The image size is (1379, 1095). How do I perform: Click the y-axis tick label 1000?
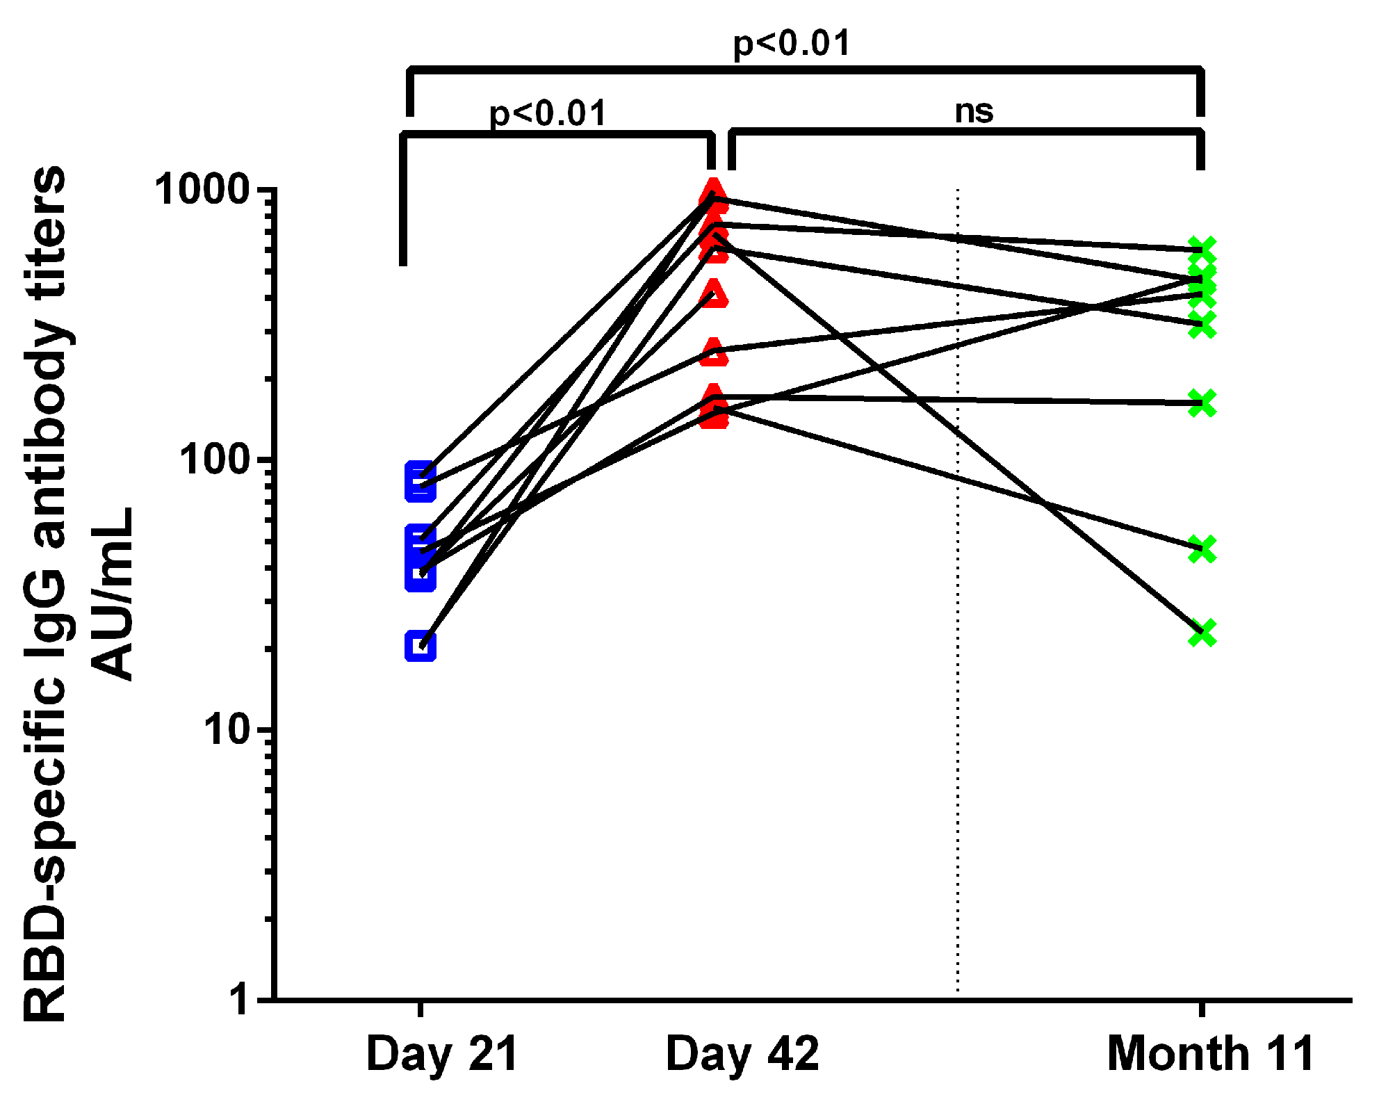tap(202, 189)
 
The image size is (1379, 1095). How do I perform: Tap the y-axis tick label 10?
tap(227, 730)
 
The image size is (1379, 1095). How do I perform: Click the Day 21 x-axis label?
tap(442, 1054)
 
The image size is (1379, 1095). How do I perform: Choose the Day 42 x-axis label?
tap(742, 1054)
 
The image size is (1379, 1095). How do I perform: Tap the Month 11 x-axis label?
tap(1210, 1054)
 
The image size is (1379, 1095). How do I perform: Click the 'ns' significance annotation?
tap(974, 111)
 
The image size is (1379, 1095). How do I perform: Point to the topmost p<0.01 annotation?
tap(792, 43)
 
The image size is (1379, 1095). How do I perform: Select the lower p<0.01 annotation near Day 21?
tap(548, 113)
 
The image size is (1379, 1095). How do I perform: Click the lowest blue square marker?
tap(421, 647)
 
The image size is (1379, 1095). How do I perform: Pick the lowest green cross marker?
tap(1202, 633)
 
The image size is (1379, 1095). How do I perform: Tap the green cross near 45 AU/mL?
tap(1202, 549)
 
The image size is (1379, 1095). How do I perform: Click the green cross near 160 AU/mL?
tap(1202, 403)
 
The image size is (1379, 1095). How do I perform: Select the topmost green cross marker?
tap(1202, 250)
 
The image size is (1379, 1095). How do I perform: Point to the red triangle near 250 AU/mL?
tap(714, 352)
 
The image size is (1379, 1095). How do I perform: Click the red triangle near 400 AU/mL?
tap(714, 295)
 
